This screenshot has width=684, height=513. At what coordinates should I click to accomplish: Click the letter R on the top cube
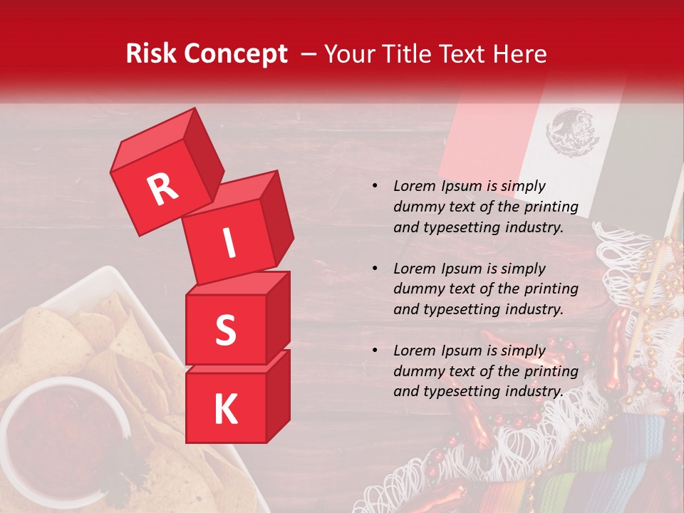(162, 189)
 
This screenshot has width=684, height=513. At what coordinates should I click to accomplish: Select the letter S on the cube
(225, 330)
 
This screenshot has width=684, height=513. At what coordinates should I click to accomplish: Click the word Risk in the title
(151, 54)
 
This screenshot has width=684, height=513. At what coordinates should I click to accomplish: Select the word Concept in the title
(235, 54)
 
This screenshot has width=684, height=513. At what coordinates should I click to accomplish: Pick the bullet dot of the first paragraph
(375, 187)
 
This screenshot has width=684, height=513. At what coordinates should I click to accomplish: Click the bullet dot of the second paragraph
(375, 269)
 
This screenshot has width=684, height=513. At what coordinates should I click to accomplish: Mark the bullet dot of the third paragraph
(375, 351)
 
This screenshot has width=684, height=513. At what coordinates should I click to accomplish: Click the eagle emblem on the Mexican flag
(568, 132)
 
